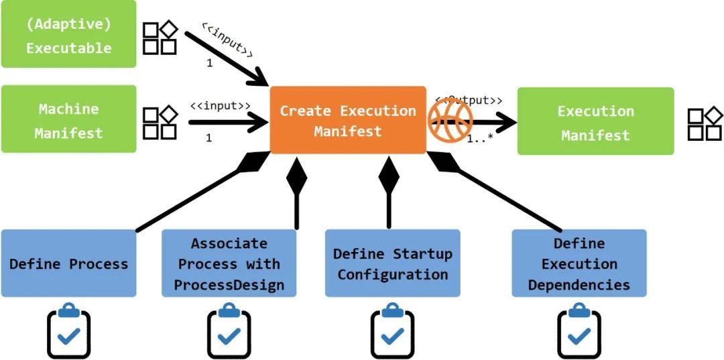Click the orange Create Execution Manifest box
[x=348, y=120]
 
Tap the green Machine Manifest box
[x=68, y=119]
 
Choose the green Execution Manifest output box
[x=595, y=121]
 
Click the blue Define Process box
[x=68, y=263]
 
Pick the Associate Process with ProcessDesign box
[x=229, y=263]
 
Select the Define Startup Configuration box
[x=393, y=263]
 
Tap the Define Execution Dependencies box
[x=579, y=263]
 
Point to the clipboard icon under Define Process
[x=68, y=331]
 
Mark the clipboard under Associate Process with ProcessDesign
[x=229, y=331]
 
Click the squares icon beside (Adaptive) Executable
[x=160, y=38]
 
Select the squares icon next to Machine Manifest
[x=160, y=123]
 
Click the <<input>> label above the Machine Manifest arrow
[x=220, y=106]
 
